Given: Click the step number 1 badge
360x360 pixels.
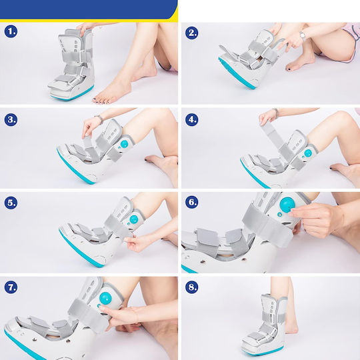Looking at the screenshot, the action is pos(11,31).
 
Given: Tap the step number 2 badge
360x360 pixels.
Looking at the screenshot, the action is pos(191,33).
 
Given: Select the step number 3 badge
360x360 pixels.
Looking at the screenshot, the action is pos(11,119).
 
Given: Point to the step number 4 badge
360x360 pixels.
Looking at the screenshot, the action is pos(191,119).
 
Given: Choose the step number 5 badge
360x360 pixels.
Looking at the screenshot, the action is pos(11,203).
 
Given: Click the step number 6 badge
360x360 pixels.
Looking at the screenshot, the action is pos(191,202).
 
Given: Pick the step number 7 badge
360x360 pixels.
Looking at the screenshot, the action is pos(11,287).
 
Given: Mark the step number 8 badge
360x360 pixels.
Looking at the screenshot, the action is pos(191,287).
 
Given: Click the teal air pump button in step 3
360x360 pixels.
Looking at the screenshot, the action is pos(124,144).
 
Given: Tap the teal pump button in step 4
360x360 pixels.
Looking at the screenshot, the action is pos(308,153).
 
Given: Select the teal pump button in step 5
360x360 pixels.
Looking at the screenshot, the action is pos(133,219).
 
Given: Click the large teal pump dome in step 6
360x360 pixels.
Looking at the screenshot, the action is pos(287,205).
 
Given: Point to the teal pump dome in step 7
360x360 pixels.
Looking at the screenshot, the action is pos(105,298).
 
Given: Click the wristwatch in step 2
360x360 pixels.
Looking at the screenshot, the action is pos(303,35).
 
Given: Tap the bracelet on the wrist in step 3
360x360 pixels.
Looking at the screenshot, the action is pos(99,118).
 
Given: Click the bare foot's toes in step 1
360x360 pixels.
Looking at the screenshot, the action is pos(102,100).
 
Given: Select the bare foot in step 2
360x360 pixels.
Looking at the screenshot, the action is pos(299,61).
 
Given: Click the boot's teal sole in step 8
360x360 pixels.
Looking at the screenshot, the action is pos(263,351).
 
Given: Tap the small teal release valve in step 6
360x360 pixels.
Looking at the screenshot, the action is pos(279,215).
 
